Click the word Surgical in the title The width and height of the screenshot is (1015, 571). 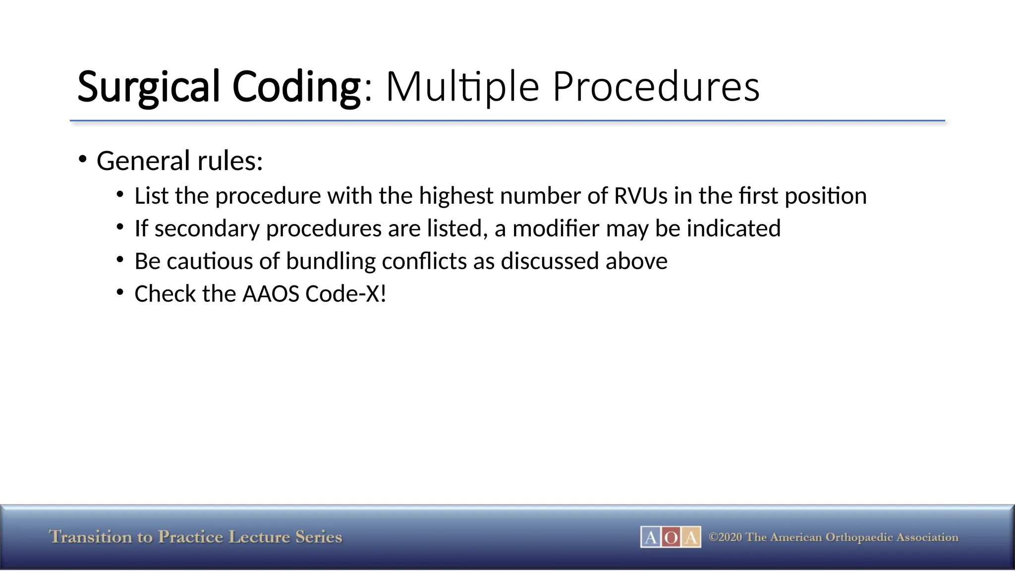tap(148, 87)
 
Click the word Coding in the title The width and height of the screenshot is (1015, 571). tap(296, 87)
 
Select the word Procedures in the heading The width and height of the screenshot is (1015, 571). tap(655, 87)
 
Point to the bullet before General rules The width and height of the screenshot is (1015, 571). tap(83, 160)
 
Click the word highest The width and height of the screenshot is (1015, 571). tap(456, 195)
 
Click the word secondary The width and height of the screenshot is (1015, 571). tap(207, 228)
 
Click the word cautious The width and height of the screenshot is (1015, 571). tap(210, 261)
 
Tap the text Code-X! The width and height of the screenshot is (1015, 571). tap(345, 294)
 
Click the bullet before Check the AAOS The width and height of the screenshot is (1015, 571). tap(120, 292)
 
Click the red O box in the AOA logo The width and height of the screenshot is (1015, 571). tap(671, 537)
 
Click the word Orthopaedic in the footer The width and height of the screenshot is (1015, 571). tap(858, 537)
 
